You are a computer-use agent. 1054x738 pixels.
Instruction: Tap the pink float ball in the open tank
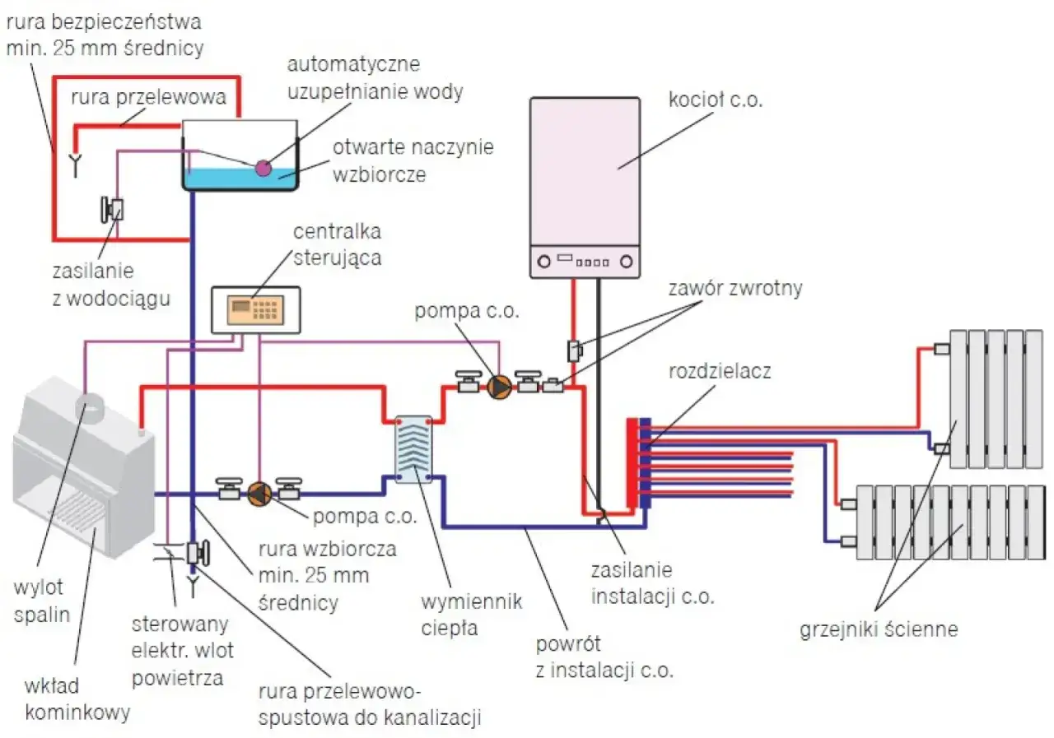tap(263, 168)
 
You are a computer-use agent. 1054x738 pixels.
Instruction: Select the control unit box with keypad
tap(255, 309)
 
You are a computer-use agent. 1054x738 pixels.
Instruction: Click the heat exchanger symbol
tap(413, 448)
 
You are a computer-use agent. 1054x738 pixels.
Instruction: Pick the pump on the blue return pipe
tap(259, 493)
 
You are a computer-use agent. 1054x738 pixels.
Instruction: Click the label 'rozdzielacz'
tap(720, 370)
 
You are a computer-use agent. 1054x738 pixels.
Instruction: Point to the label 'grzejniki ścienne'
tap(879, 630)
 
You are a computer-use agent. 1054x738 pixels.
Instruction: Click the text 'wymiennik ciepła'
tap(471, 615)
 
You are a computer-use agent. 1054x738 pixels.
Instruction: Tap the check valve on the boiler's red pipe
tap(575, 350)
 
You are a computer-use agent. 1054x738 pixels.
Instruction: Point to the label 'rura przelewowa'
tap(148, 98)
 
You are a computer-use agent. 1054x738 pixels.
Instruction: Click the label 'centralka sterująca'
tap(338, 244)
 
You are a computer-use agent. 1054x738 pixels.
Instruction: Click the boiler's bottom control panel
tap(585, 262)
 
